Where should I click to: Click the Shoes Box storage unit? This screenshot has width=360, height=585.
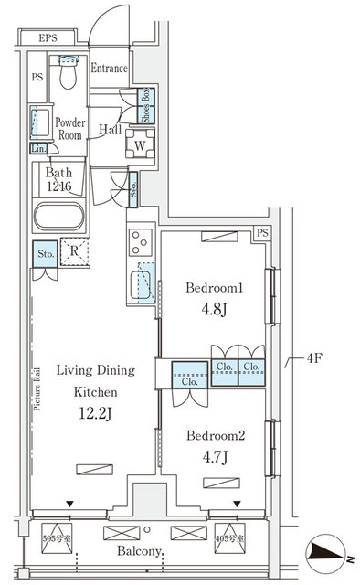pos(144,106)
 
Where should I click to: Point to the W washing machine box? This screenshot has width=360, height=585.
pos(142,144)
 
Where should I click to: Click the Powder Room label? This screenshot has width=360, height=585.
pos(69,127)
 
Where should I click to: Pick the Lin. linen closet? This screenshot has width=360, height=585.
pos(38,148)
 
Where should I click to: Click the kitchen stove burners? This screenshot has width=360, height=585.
pos(141,242)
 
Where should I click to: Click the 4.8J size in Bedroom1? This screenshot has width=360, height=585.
pos(214,309)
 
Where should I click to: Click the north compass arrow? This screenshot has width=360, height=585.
pos(326,552)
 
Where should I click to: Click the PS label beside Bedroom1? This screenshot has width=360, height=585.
pos(262,234)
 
